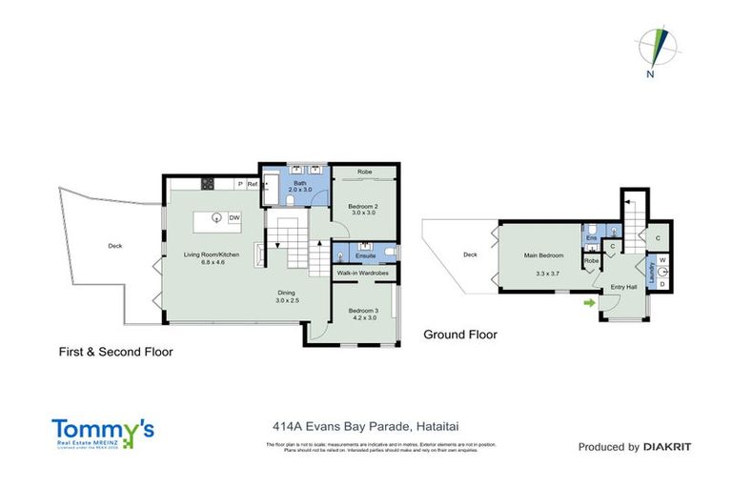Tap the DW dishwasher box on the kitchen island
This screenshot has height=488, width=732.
[234, 218]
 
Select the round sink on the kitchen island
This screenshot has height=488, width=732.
[217, 218]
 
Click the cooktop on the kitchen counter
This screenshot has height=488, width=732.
[207, 183]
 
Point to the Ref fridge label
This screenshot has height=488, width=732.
[253, 183]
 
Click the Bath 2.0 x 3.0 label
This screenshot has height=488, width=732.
[299, 186]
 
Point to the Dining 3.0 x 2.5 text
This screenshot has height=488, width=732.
[288, 296]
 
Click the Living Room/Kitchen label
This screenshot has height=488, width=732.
[212, 257]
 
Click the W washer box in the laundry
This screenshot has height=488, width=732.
[662, 258]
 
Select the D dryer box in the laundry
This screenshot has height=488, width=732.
[662, 283]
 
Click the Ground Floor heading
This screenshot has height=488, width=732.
[460, 335]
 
